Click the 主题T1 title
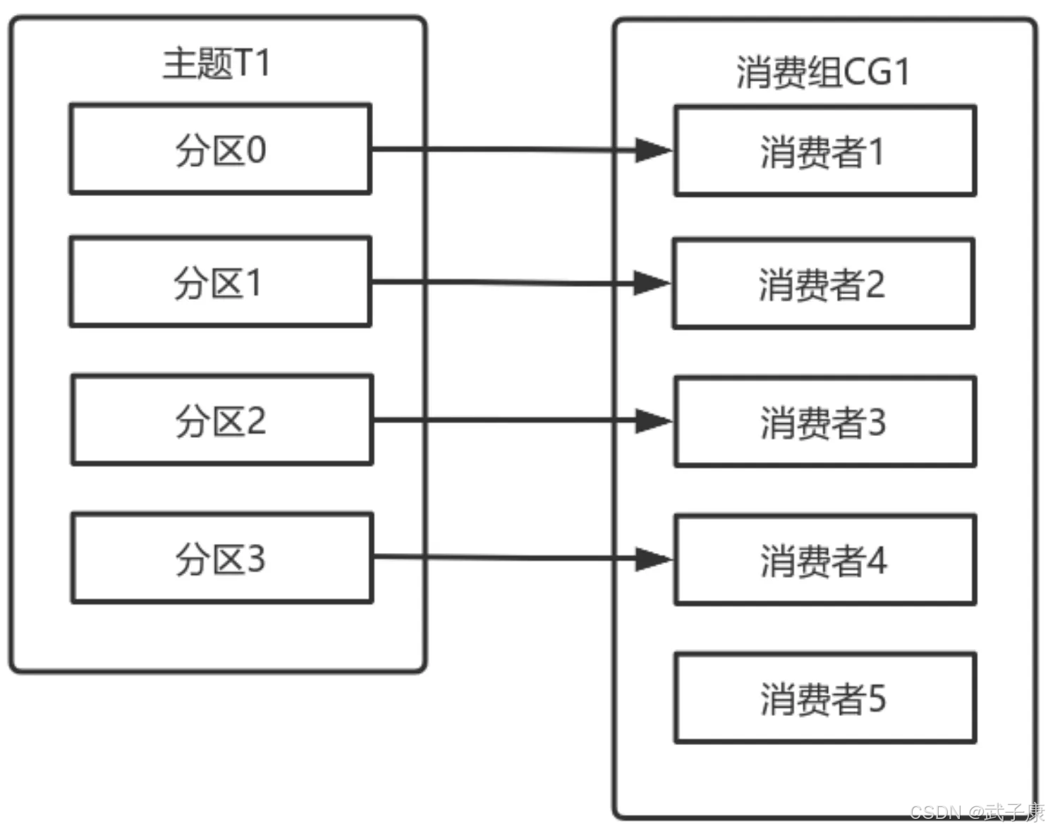pyautogui.click(x=217, y=63)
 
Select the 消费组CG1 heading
pyautogui.click(x=822, y=72)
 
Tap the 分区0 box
pyautogui.click(x=221, y=149)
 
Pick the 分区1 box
pyautogui.click(x=221, y=281)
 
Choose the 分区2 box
pyautogui.click(x=222, y=420)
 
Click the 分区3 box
pyautogui.click(x=222, y=558)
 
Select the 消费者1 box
pyautogui.click(x=825, y=151)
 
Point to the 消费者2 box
pyautogui.click(x=824, y=284)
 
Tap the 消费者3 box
pyautogui.click(x=825, y=422)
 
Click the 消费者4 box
pyautogui.click(x=825, y=559)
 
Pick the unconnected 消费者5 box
pyautogui.click(x=825, y=698)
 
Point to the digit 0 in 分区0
pyautogui.click(x=257, y=150)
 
